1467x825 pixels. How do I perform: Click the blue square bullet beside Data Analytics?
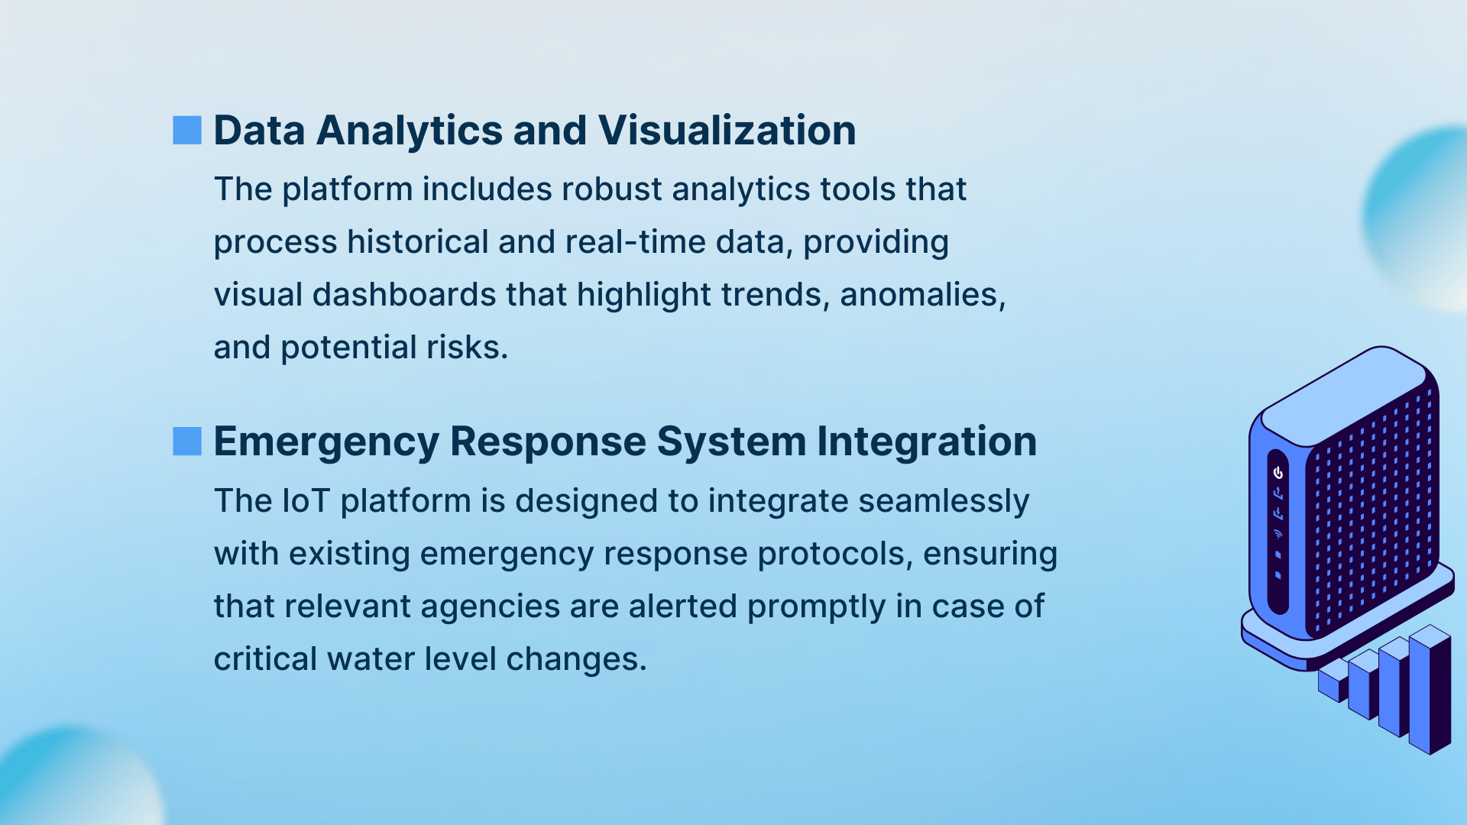(x=187, y=130)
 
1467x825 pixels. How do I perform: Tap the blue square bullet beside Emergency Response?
(x=187, y=441)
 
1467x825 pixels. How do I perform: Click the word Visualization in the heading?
(x=727, y=130)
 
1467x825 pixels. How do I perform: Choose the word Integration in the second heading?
(x=927, y=442)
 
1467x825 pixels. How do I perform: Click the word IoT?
(x=306, y=500)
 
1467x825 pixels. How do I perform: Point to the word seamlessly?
(x=944, y=502)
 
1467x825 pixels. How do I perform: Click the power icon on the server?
(x=1278, y=473)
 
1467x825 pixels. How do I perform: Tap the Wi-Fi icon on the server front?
(x=1278, y=533)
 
